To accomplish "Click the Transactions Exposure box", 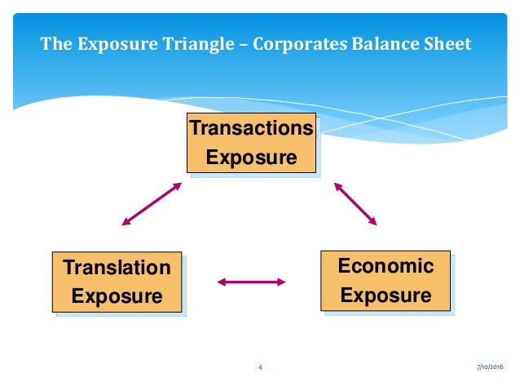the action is click(251, 143).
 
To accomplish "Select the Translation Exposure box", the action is click(117, 282).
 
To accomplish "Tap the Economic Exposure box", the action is click(386, 281).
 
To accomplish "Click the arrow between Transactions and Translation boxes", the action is click(152, 203).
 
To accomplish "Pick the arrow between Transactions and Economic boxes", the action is click(355, 203).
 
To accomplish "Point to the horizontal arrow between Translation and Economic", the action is click(251, 282).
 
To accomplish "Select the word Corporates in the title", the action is click(299, 43).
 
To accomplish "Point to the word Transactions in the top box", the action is click(251, 129).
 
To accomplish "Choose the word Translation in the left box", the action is click(117, 268).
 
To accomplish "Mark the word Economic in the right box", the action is click(386, 266).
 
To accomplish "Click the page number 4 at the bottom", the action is click(259, 368).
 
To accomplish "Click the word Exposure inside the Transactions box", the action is click(251, 157).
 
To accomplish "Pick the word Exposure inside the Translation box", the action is click(117, 296).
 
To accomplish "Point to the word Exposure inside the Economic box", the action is click(386, 295).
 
